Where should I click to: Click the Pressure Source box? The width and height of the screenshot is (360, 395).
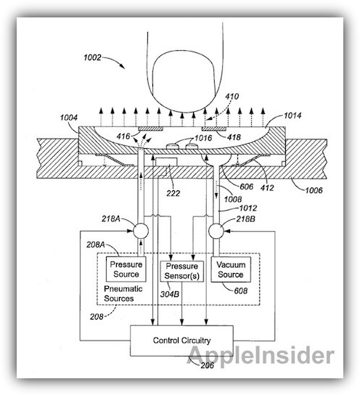[x=126, y=269]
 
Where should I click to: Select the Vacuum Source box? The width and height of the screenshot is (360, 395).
[x=231, y=269]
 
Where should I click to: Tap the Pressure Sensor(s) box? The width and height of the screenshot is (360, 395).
[x=181, y=271]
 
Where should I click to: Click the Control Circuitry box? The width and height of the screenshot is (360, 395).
[x=181, y=341]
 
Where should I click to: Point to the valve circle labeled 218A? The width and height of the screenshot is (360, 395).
[x=141, y=230]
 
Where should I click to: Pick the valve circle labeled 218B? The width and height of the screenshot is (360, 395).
[x=216, y=230]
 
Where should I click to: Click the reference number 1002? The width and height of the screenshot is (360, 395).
[x=92, y=57]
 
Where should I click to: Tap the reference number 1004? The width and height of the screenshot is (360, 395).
[x=69, y=118]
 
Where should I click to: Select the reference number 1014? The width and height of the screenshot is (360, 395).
[x=292, y=115]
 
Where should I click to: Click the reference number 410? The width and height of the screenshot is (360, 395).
[x=232, y=97]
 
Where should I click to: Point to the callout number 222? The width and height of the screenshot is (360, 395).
[x=173, y=193]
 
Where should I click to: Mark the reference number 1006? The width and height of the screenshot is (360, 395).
[x=314, y=190]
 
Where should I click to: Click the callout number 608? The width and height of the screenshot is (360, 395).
[x=241, y=291]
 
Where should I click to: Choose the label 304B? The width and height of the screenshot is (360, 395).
[x=170, y=294]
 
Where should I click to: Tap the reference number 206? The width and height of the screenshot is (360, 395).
[x=207, y=365]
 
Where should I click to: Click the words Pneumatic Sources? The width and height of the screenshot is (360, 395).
[x=123, y=293]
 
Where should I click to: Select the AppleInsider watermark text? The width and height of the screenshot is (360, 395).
[x=261, y=356]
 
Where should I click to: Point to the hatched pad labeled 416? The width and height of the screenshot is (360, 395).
[x=150, y=129]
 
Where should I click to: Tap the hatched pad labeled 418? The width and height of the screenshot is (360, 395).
[x=214, y=129]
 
